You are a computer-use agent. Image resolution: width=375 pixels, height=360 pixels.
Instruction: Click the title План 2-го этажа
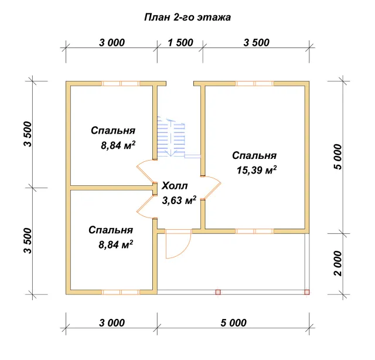pos(187,18)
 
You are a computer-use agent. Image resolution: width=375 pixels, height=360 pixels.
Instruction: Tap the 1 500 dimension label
pos(180,43)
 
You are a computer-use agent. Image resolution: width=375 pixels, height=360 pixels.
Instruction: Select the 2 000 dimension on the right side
pos(338,263)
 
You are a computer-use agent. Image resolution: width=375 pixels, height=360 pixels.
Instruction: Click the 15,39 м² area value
pos(257,170)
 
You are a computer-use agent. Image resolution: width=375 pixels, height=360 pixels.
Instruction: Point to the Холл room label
pos(175,186)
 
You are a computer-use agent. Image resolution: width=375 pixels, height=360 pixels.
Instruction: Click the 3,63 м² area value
pos(179,201)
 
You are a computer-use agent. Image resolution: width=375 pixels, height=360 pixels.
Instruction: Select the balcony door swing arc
pos(178,244)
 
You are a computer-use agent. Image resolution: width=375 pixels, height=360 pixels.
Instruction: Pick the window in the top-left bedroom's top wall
pos(121,83)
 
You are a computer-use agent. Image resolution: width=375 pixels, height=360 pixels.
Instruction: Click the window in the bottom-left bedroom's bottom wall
pos(121,292)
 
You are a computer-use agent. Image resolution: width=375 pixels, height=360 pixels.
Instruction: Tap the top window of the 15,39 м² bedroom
pos(255,83)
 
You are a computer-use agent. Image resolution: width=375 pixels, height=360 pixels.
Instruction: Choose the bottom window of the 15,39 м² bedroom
pos(255,231)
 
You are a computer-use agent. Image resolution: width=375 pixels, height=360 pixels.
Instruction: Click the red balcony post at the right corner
pos(307,292)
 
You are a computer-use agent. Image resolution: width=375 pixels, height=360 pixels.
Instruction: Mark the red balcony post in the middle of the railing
pos(218,292)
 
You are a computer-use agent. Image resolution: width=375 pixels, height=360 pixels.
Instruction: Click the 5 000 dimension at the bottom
pos(233,323)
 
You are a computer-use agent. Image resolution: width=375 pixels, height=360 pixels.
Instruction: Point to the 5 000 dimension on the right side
pos(338,157)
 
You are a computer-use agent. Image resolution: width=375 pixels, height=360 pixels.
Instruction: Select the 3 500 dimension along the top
pos(257,43)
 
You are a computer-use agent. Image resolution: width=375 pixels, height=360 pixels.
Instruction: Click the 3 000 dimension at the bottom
pos(112,323)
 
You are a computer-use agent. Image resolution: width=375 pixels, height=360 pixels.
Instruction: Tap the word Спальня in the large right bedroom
pos(254,155)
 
